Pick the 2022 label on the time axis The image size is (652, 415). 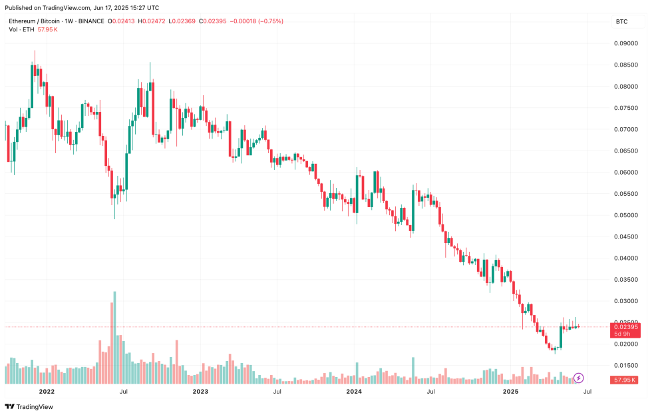pyautogui.click(x=46, y=392)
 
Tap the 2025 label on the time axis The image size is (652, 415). pyautogui.click(x=510, y=392)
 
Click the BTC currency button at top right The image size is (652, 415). pyautogui.click(x=622, y=22)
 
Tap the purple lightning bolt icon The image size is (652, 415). pyautogui.click(x=579, y=378)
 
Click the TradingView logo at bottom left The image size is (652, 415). pyautogui.click(x=29, y=407)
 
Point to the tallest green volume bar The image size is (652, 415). pyautogui.click(x=114, y=337)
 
